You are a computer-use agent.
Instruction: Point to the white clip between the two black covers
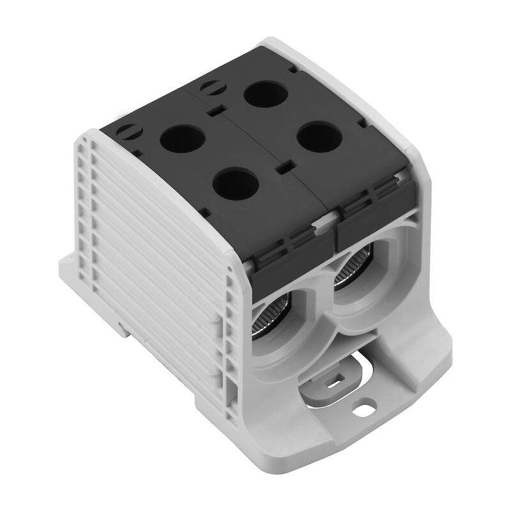(325, 220)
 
